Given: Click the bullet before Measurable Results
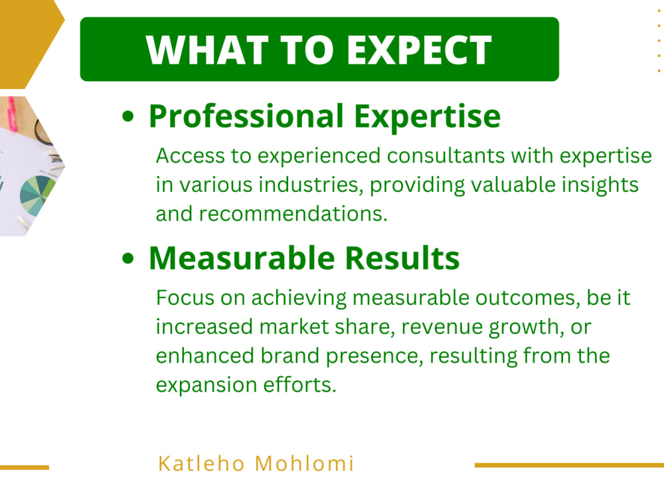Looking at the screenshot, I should [x=129, y=259].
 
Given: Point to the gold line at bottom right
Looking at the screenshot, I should [x=568, y=465].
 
